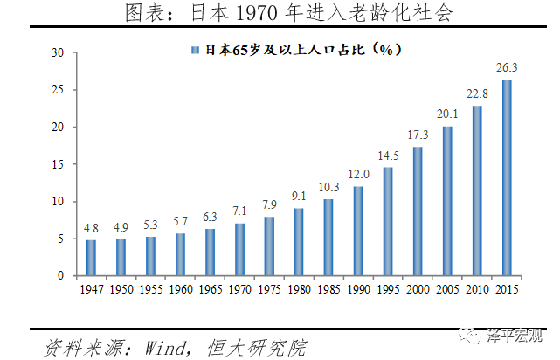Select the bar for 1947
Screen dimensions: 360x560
(x=91, y=258)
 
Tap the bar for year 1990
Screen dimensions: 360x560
(x=358, y=231)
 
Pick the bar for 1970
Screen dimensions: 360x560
(x=239, y=249)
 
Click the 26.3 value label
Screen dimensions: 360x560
(x=507, y=67)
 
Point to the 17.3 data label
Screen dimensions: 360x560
(x=418, y=135)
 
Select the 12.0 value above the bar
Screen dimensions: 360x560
(x=358, y=174)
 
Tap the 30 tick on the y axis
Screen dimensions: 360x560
(x=59, y=52)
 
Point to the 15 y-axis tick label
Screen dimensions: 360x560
(x=59, y=164)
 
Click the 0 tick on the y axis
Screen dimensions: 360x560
(x=62, y=276)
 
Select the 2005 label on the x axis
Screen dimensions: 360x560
(x=447, y=288)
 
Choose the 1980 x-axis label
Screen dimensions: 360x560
(x=299, y=288)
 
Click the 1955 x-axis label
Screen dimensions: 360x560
(x=150, y=288)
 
